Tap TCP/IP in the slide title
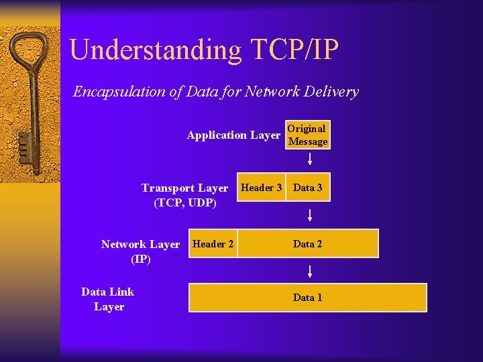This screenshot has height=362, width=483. point(295,50)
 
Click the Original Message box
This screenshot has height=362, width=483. point(308,135)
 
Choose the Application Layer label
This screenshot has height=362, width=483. point(233,135)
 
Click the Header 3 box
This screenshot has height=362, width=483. point(261,188)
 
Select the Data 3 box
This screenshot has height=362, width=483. point(308,188)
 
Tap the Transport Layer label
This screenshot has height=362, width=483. point(184,188)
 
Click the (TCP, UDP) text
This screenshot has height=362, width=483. point(184,202)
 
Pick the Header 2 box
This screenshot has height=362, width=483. point(213,244)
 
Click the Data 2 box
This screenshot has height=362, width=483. point(308,244)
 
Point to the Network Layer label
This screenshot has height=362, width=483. point(140,245)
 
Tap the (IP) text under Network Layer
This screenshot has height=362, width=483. point(140,259)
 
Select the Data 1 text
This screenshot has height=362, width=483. point(308,298)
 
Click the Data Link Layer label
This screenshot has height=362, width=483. point(108,299)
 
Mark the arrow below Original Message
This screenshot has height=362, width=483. point(310,159)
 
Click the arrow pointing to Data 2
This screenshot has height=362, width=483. point(310,215)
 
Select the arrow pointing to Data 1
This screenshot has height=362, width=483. point(310,271)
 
